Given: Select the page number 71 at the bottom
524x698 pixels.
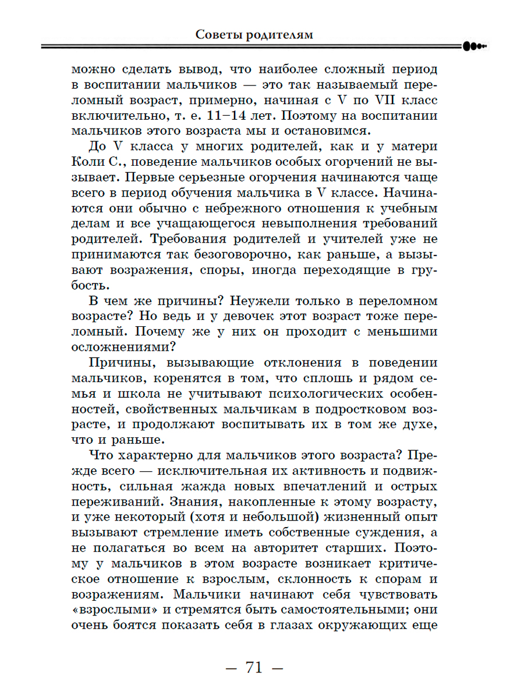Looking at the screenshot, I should pos(254,667).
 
